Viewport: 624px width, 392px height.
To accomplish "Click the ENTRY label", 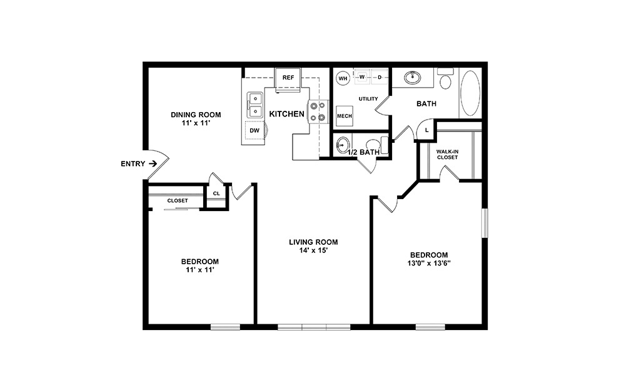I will [132, 164].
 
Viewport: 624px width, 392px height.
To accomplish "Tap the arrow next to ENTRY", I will [151, 164].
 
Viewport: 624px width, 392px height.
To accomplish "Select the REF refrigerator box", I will [288, 78].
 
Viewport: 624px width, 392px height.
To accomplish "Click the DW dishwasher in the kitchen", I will [254, 130].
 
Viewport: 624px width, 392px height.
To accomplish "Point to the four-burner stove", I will [318, 111].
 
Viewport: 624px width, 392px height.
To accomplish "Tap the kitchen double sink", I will [255, 105].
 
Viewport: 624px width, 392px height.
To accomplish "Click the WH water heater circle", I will [343, 78].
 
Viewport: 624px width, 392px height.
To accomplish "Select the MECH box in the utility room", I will [345, 116].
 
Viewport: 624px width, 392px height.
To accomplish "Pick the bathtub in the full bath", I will [470, 93].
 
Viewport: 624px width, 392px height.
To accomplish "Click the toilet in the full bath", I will [446, 81].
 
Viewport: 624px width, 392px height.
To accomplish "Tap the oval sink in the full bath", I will [412, 78].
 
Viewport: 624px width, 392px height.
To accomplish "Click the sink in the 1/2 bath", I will [342, 145].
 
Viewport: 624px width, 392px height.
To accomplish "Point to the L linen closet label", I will [426, 130].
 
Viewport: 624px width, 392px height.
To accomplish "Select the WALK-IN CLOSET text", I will [448, 154].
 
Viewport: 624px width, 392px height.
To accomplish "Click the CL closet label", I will [216, 193].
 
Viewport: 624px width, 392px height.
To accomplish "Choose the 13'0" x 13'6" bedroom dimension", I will [429, 264].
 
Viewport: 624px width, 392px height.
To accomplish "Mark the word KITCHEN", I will [286, 114].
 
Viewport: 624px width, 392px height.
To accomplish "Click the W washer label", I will [361, 77].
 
